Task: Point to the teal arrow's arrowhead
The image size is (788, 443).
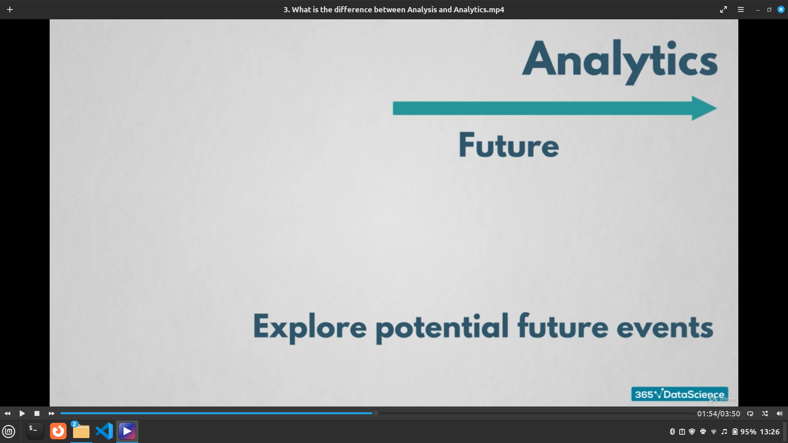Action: [704, 108]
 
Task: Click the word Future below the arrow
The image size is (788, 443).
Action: [509, 145]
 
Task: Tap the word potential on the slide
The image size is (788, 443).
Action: [442, 328]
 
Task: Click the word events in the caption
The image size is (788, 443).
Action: [665, 328]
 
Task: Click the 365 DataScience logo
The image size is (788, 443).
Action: [680, 394]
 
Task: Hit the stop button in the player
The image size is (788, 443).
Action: [37, 413]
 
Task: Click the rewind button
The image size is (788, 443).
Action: [7, 413]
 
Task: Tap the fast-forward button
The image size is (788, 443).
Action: [51, 413]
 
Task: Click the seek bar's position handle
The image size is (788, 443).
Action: [376, 413]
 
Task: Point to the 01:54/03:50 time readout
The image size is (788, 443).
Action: [719, 413]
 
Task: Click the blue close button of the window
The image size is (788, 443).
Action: [781, 9]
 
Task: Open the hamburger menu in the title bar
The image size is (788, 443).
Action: [741, 9]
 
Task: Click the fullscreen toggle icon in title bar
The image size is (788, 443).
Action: [724, 9]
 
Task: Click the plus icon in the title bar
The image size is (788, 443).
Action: [10, 9]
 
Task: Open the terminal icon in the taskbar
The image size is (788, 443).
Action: [35, 431]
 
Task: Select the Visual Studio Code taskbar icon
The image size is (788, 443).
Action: [104, 431]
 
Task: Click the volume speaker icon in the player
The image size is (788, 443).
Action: [779, 413]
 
